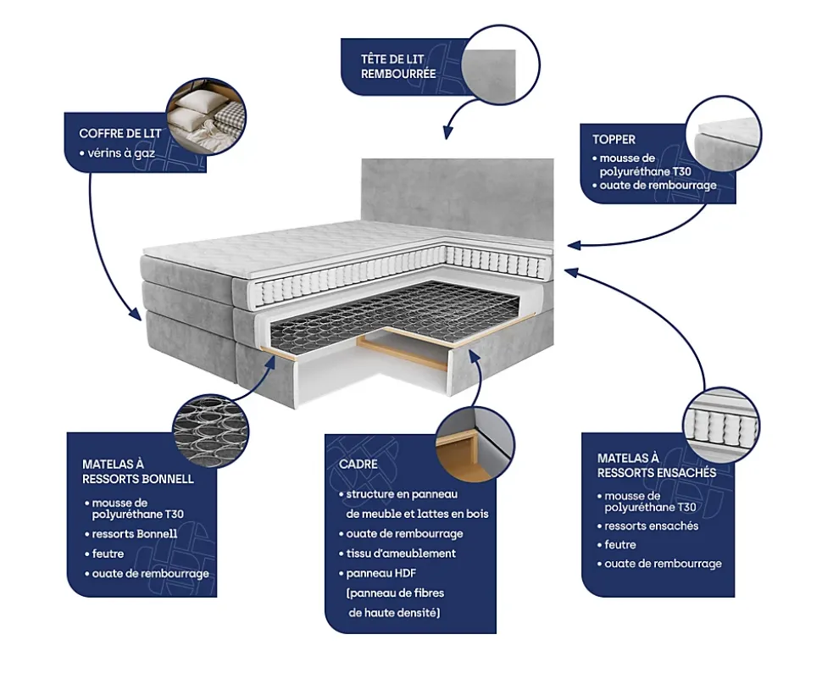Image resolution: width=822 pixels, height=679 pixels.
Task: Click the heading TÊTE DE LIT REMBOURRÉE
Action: pos(398,66)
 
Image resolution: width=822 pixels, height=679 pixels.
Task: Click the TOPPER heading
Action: pos(614,139)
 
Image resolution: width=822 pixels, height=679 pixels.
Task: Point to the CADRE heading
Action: pos(358,465)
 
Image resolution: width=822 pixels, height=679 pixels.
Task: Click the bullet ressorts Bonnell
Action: pos(135,534)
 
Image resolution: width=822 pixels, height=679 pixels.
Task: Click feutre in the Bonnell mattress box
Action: pos(108,554)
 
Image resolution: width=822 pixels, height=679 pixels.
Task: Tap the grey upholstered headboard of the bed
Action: pos(458,195)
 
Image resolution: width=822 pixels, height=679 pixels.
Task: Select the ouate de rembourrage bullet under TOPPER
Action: pos(653,185)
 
